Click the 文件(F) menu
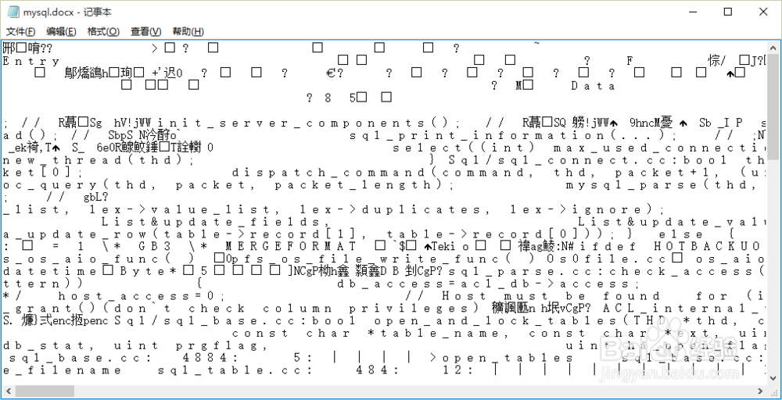tap(21, 31)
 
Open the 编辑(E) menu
tap(61, 31)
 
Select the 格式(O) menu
tap(103, 31)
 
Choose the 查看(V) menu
tap(145, 31)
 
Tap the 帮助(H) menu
tap(188, 31)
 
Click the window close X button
tap(762, 12)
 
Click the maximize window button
tap(727, 12)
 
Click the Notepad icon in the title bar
tap(11, 12)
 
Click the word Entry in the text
tap(31, 61)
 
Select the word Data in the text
tap(593, 86)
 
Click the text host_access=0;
tap(141, 296)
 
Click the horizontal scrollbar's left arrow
tap(7, 391)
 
